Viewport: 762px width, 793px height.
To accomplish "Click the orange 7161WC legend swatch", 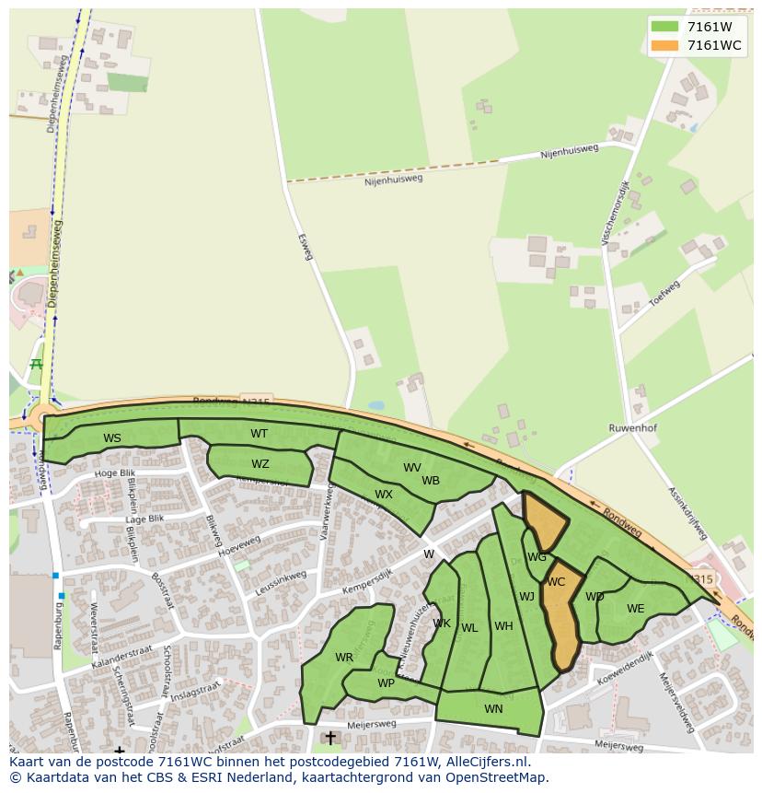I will pyautogui.click(x=664, y=45).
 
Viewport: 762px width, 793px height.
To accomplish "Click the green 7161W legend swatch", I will pyautogui.click(x=664, y=27).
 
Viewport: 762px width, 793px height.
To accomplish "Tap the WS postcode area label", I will pyautogui.click(x=112, y=438).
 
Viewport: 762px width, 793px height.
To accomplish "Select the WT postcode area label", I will pyautogui.click(x=260, y=434).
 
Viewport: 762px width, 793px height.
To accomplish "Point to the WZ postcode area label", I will pyautogui.click(x=260, y=464).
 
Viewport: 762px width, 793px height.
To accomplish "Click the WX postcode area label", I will pyautogui.click(x=384, y=495).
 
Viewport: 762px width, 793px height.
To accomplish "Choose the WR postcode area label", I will pyautogui.click(x=344, y=658).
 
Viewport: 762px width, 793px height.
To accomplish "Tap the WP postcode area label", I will pyautogui.click(x=387, y=683).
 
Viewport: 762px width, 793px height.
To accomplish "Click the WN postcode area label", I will pyautogui.click(x=493, y=708).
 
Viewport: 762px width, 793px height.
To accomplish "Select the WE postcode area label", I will pyautogui.click(x=635, y=609).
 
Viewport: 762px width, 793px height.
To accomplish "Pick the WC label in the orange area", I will pyautogui.click(x=556, y=582).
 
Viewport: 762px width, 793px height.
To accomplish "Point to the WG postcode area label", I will pyautogui.click(x=537, y=557).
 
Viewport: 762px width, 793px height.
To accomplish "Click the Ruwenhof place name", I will pyautogui.click(x=632, y=428).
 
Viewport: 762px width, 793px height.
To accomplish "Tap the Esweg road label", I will pyautogui.click(x=306, y=247).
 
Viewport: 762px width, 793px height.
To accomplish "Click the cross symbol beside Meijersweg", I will pyautogui.click(x=330, y=738).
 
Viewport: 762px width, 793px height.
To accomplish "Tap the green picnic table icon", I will pyautogui.click(x=37, y=365).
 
